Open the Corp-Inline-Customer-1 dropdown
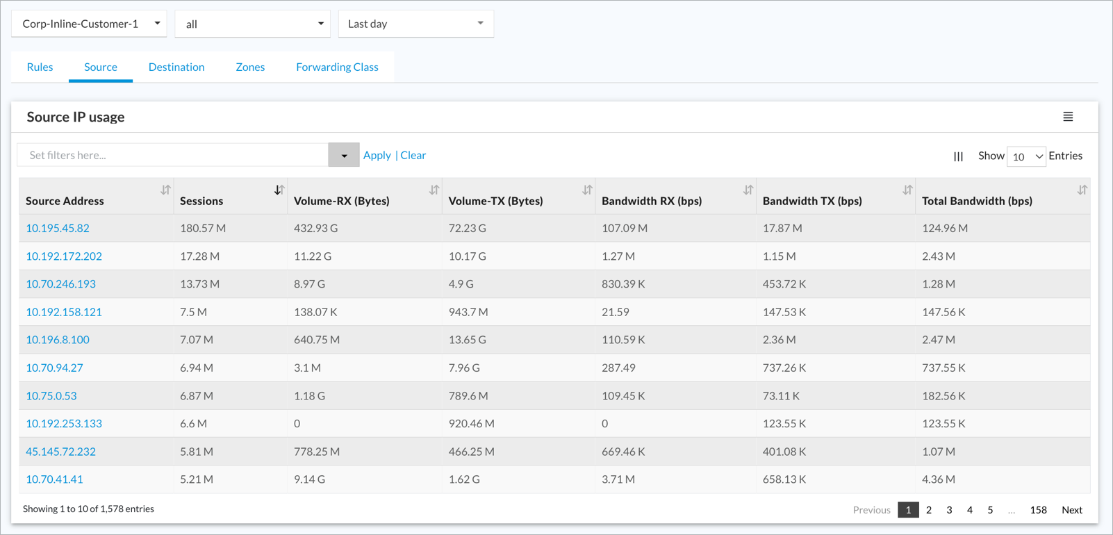[x=89, y=24]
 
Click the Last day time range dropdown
[x=416, y=24]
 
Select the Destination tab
[x=176, y=67]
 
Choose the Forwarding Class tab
[x=338, y=67]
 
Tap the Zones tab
[x=250, y=67]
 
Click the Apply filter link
[x=377, y=156]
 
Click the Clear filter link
[x=413, y=156]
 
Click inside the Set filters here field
[x=172, y=155]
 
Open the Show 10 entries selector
[x=1026, y=156]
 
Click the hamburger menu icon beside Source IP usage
[x=1068, y=117]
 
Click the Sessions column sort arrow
[x=279, y=190]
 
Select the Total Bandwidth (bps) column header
[x=977, y=201]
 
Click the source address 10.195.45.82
[x=58, y=228]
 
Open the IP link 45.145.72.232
[x=60, y=452]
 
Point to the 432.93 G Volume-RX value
[x=315, y=228]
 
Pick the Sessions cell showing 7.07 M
[x=196, y=340]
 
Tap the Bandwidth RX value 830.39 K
[x=623, y=284]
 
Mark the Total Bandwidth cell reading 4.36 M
[x=939, y=479]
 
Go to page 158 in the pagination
[x=1039, y=510]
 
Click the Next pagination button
[x=1072, y=510]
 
